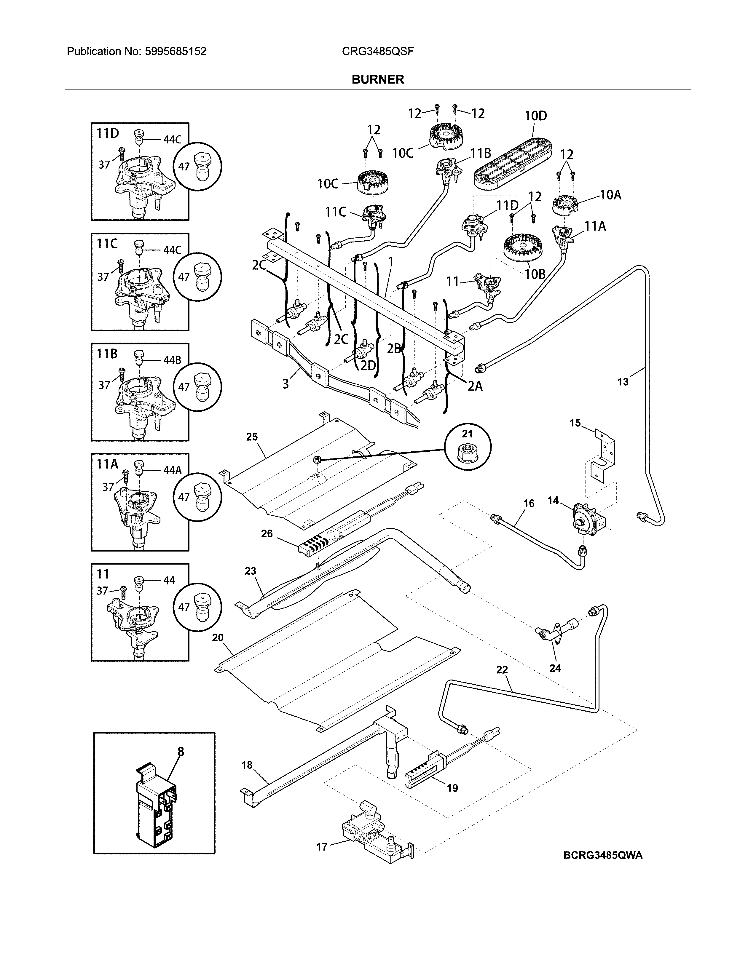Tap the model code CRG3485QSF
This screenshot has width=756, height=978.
(x=377, y=52)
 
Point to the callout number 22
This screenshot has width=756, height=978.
(x=502, y=682)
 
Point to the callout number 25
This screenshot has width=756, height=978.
(x=252, y=437)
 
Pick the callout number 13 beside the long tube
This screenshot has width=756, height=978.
(x=623, y=382)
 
